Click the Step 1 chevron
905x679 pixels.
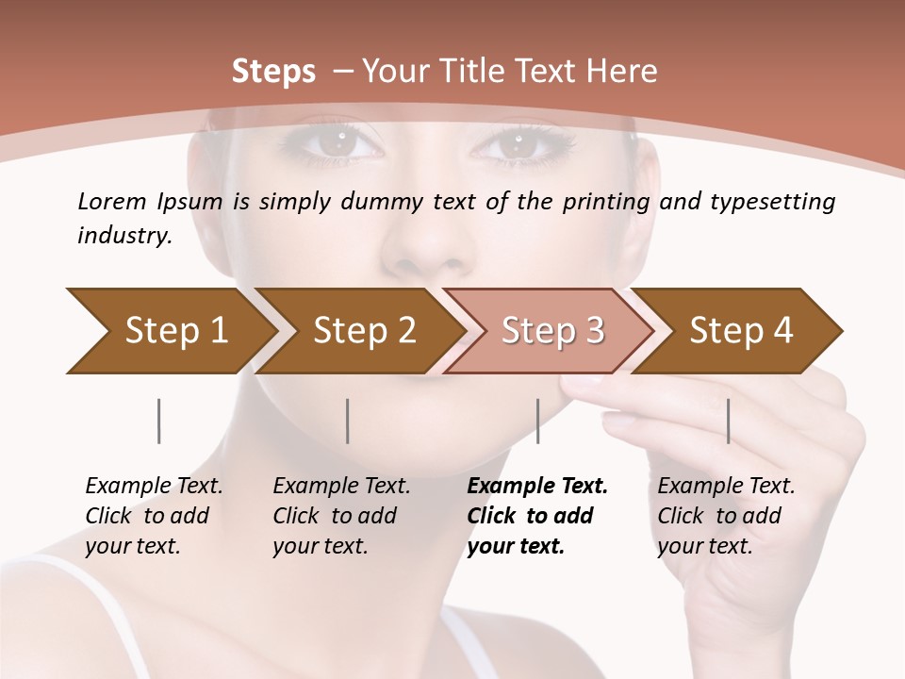174,331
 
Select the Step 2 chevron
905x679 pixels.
364,331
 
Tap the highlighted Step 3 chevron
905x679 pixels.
552,331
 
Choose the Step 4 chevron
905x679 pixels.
741,331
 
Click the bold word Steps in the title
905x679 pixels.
273,71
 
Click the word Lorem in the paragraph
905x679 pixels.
111,201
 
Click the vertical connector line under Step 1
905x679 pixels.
159,421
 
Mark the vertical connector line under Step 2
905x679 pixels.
348,421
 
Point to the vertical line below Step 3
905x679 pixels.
538,421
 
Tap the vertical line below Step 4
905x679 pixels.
729,421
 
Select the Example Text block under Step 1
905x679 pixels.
154,516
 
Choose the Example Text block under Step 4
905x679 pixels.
726,516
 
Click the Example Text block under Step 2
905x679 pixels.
341,516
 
